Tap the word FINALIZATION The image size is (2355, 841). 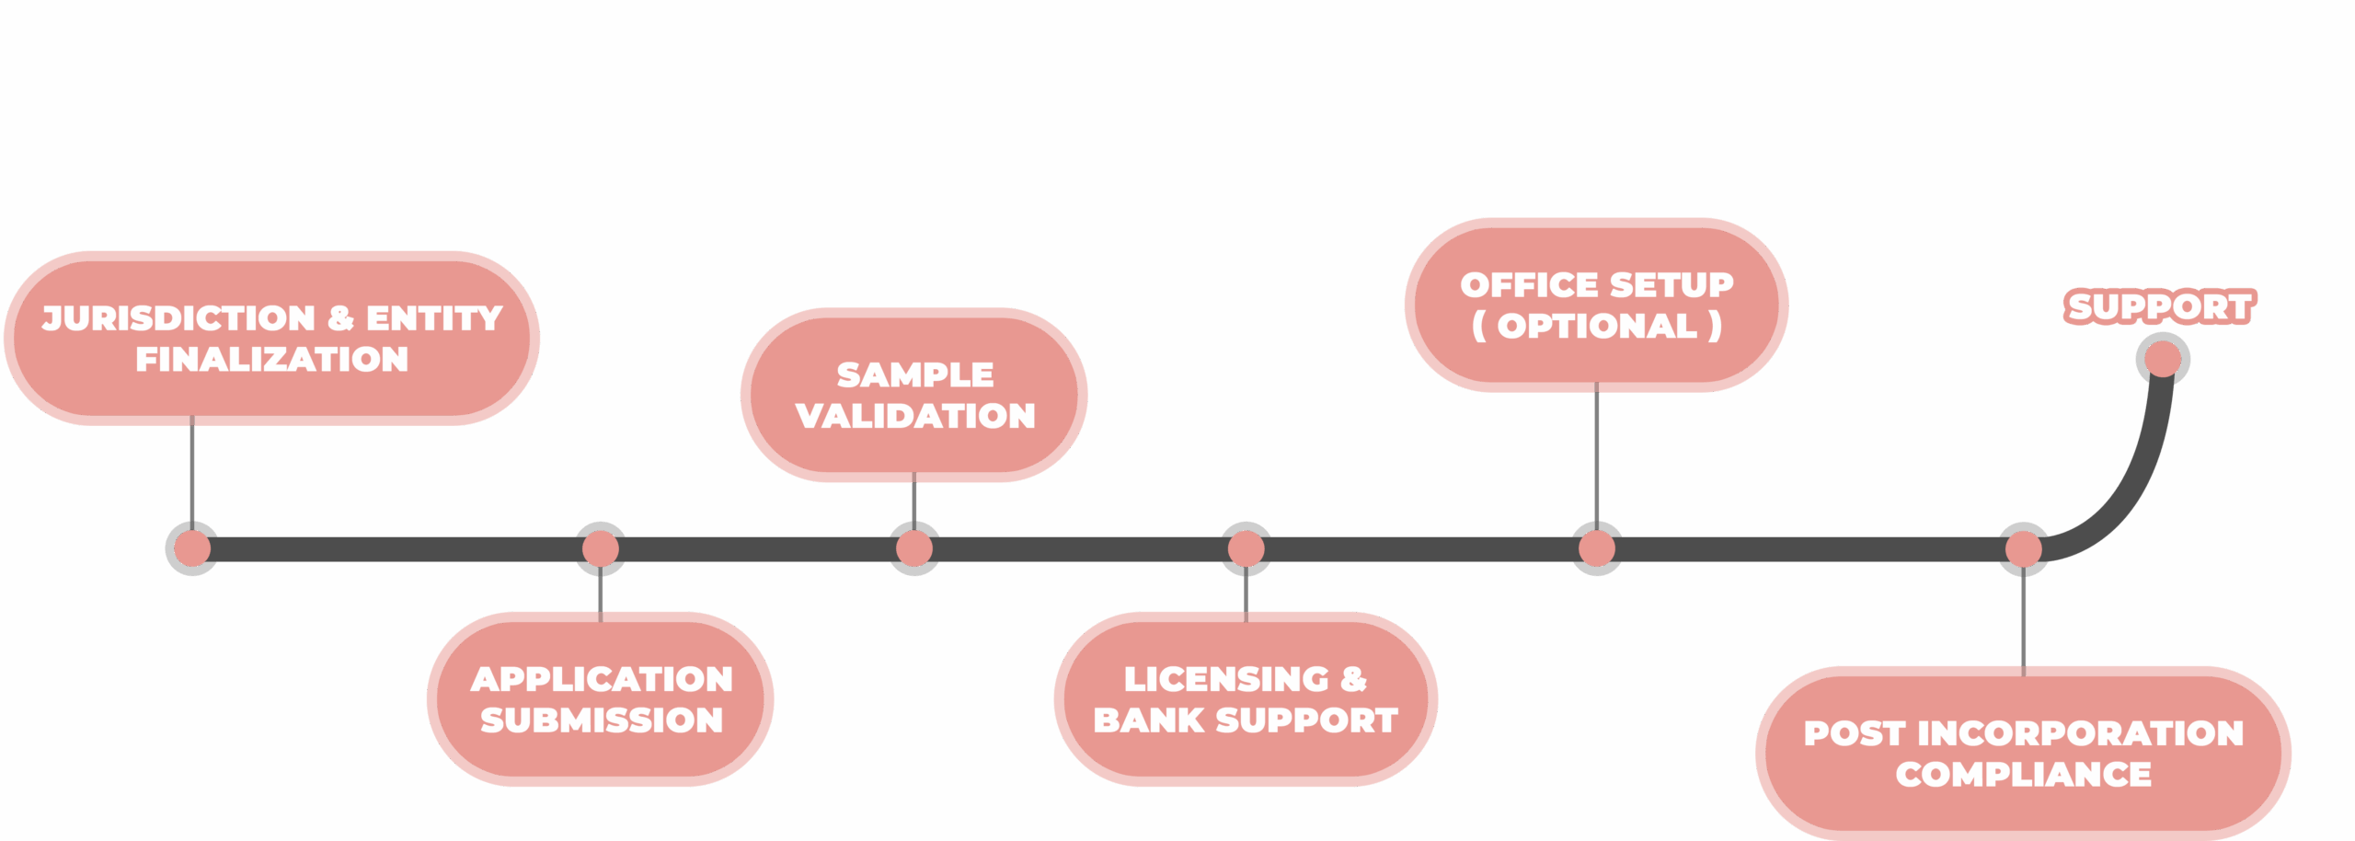[x=271, y=359]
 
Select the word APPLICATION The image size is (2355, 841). [x=602, y=679]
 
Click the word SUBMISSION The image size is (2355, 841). [x=602, y=720]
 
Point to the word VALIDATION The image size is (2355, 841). [x=915, y=416]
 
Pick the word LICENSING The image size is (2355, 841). [x=1226, y=679]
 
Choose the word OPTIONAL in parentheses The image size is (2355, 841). [x=1597, y=326]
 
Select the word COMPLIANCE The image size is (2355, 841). [x=2023, y=775]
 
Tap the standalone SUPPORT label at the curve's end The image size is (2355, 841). [x=2159, y=306]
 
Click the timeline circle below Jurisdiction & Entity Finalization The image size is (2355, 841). [x=191, y=549]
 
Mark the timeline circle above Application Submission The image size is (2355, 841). [x=601, y=549]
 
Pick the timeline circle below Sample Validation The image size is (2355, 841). [x=914, y=549]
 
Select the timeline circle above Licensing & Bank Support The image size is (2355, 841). [x=1246, y=549]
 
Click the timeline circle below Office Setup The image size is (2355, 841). [x=1596, y=549]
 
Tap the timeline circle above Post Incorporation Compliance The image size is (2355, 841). [x=2023, y=549]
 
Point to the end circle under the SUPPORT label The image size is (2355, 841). [x=2163, y=359]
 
